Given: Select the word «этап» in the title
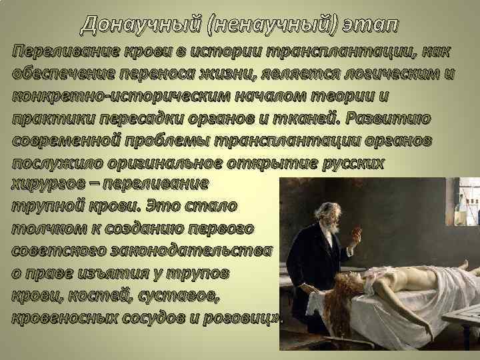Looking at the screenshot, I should point(368,25).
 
